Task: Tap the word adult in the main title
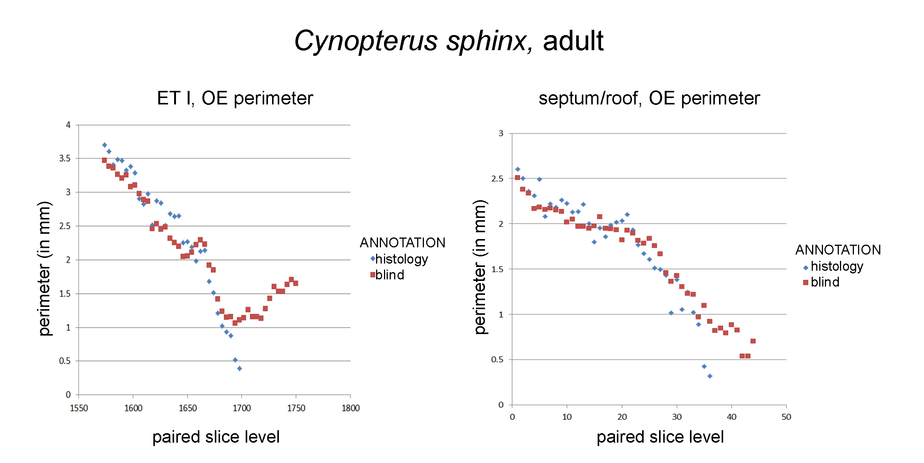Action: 573,40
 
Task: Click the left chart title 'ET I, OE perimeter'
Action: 235,98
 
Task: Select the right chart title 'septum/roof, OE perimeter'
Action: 649,98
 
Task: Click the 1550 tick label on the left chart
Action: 79,408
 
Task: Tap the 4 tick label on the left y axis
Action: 68,125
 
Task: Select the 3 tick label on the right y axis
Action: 501,133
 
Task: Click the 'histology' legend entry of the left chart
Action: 399,259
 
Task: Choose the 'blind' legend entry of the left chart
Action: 387,275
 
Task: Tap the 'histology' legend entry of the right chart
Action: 834,266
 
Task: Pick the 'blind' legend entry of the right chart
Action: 822,282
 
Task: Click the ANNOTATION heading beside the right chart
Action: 838,250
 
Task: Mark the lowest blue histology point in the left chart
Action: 240,368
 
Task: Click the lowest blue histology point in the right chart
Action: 710,376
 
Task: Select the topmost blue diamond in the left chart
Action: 104,145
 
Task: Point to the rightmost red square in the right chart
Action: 753,341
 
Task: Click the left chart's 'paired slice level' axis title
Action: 216,437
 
